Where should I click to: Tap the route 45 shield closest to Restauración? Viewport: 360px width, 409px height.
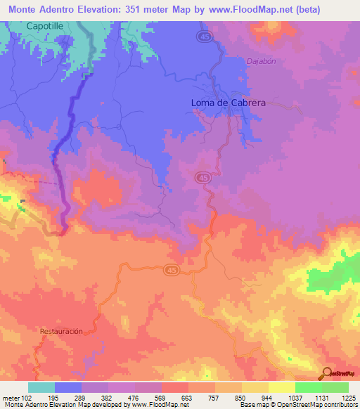click(x=172, y=270)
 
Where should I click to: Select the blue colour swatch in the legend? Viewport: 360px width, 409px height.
click(x=67, y=387)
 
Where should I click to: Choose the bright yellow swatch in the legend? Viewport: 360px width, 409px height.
click(x=281, y=387)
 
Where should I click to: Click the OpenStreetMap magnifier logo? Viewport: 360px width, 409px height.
click(x=328, y=372)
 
